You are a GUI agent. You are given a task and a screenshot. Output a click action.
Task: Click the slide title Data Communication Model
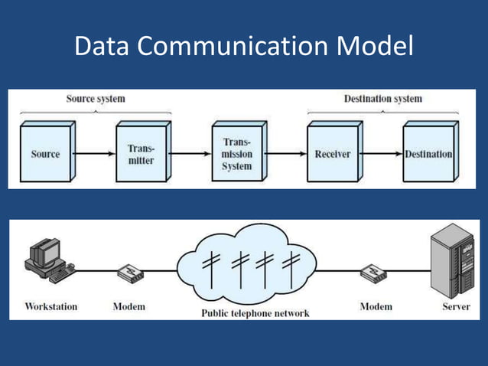243,47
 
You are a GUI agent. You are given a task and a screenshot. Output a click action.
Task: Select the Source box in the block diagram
46,154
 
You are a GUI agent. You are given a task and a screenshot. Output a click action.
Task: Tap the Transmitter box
141,154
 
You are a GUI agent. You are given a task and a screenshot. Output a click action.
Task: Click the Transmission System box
236,154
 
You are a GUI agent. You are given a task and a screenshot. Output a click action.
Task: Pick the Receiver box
333,154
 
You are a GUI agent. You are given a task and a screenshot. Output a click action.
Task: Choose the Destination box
428,154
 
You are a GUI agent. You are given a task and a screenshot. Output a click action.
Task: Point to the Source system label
96,99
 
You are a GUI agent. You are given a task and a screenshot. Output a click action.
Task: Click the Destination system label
382,99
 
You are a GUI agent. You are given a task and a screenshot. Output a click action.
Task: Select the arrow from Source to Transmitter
96,154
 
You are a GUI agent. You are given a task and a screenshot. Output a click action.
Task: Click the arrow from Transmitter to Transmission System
190,154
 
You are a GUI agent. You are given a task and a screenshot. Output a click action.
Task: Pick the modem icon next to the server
374,273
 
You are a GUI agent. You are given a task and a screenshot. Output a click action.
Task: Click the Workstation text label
51,306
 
